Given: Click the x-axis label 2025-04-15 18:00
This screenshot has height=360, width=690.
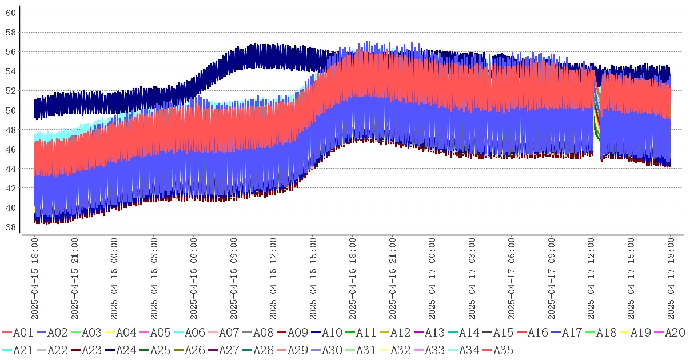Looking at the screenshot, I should pos(34,279).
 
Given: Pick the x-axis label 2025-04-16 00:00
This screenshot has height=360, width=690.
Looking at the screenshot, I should pos(114,279).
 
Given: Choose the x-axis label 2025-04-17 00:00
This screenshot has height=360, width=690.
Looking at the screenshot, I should pos(433,279).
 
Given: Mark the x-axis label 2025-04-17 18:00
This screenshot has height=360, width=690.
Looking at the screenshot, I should pos(671,279).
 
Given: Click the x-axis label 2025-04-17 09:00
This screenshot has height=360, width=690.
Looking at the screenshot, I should pos(552,279).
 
